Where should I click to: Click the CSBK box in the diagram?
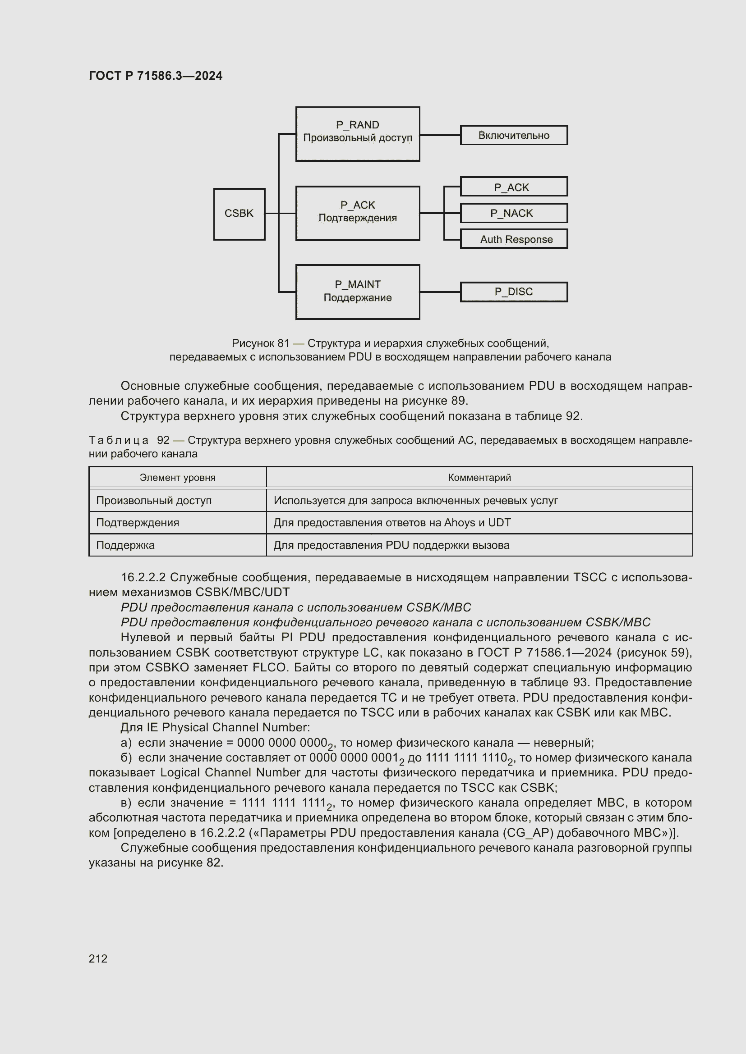click(239, 214)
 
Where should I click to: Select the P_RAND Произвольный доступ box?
click(357, 133)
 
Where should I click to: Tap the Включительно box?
click(514, 136)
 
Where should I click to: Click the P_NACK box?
click(514, 213)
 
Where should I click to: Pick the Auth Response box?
click(514, 239)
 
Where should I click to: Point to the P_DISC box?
click(514, 292)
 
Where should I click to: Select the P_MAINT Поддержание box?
click(357, 292)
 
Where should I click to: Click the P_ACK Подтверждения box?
click(357, 213)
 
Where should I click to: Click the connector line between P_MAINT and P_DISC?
click(440, 292)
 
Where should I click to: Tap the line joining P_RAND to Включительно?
click(440, 136)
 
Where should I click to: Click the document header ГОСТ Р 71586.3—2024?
click(155, 76)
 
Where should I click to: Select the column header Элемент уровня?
click(177, 477)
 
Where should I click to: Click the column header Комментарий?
click(479, 477)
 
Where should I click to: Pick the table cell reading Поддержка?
click(125, 545)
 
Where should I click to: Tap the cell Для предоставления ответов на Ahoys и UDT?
click(392, 523)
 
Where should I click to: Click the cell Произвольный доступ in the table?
click(153, 500)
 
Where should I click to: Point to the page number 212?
click(98, 958)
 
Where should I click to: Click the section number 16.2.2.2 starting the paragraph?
click(143, 578)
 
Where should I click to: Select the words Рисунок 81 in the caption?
click(260, 343)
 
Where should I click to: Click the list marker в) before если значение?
click(126, 803)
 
